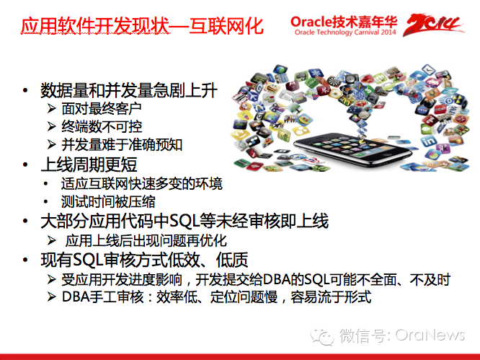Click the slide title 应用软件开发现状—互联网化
click(142, 26)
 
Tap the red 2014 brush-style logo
click(433, 25)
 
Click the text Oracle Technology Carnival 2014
click(345, 32)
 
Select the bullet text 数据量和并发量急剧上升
click(129, 90)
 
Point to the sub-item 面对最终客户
click(102, 108)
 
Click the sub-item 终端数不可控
click(102, 126)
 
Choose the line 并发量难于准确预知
click(122, 144)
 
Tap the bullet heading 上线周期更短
click(89, 164)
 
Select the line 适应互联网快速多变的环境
click(141, 184)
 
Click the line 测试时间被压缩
click(108, 201)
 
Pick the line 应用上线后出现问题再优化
click(146, 240)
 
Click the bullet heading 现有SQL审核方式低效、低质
click(144, 260)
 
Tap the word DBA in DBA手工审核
click(75, 297)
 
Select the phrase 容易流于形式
click(331, 297)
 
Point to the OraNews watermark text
click(430, 335)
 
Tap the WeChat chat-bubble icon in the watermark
click(322, 336)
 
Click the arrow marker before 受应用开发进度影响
click(51, 279)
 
